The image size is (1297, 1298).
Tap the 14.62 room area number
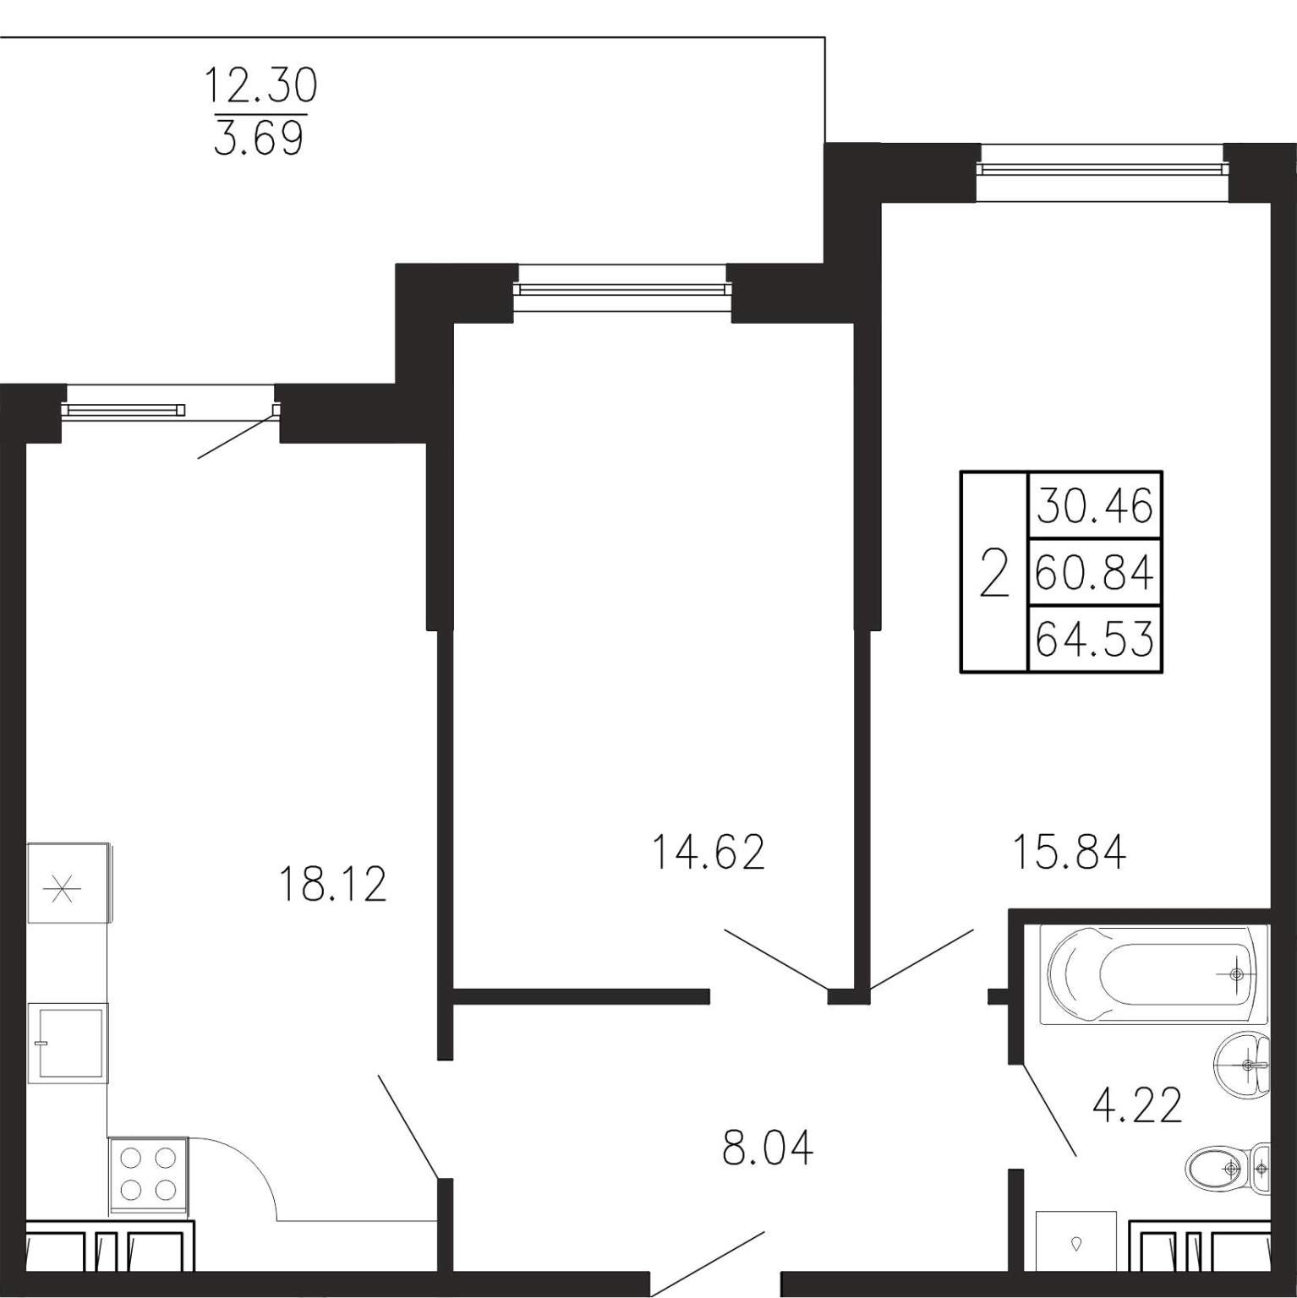(x=709, y=852)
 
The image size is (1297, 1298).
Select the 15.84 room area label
(x=1070, y=852)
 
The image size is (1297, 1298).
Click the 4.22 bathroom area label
(x=1137, y=1105)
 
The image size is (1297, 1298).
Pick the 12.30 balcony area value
(x=261, y=86)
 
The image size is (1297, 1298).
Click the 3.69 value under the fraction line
(x=259, y=139)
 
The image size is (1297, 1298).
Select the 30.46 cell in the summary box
(x=1095, y=507)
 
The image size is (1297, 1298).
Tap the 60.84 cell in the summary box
(x=1095, y=574)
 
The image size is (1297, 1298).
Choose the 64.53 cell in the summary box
(x=1095, y=639)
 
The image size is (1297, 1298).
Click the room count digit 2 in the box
(x=994, y=573)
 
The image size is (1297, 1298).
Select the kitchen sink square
(x=68, y=1043)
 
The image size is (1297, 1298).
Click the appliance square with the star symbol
(x=68, y=884)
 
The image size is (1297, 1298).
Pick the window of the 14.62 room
(x=622, y=289)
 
